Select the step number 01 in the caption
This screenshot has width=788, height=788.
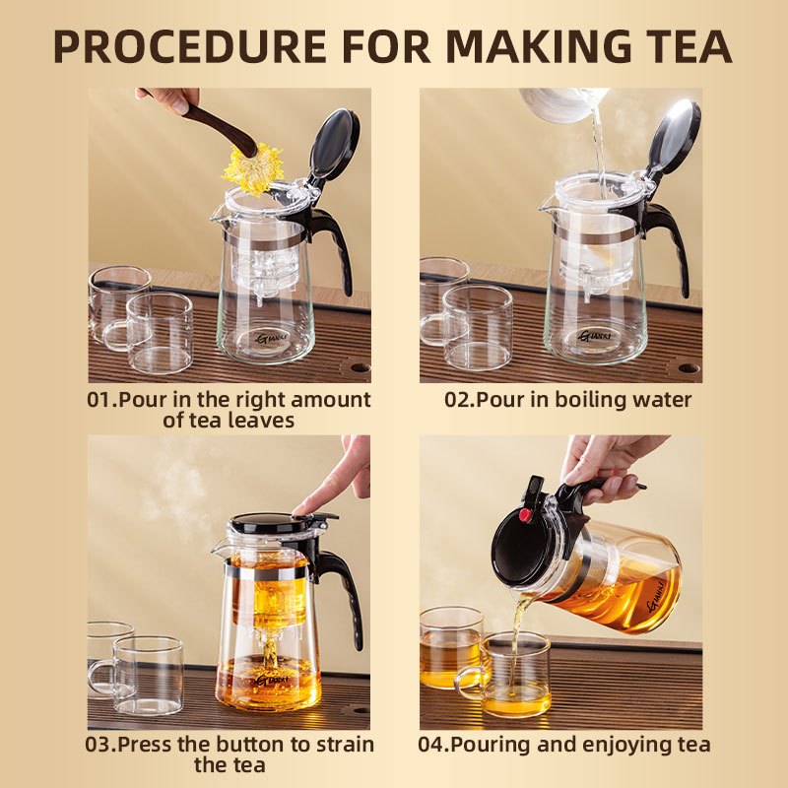pos(100,400)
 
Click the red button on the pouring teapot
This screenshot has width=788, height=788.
pos(525,514)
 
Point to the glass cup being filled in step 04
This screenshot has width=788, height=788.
pos(514,674)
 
